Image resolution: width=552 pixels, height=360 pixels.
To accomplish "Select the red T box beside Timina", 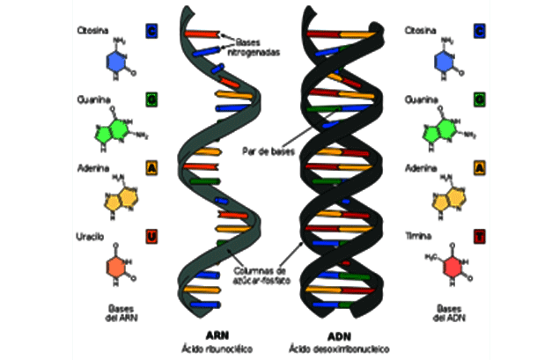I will [x=478, y=236].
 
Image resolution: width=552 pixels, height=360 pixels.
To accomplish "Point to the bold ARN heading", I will [x=217, y=334].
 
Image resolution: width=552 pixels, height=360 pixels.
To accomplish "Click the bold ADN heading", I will [x=339, y=334].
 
